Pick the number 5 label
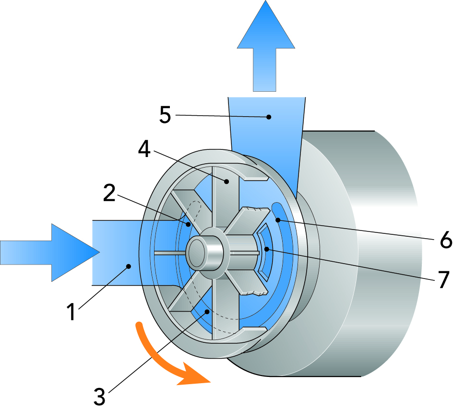point(165,116)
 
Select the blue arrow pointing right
point(48,251)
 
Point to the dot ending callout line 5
point(270,116)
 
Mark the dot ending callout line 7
point(267,248)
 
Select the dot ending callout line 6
point(278,220)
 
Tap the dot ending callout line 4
point(226,181)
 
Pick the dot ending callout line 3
point(207,311)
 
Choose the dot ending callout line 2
point(188,224)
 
